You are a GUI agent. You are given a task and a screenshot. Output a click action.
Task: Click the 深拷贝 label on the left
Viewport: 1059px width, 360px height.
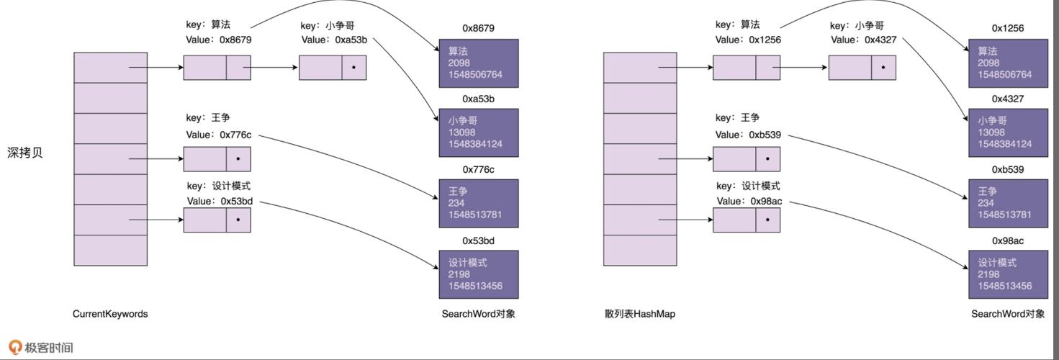tap(25, 153)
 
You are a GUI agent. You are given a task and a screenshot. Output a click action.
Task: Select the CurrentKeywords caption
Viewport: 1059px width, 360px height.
tap(110, 314)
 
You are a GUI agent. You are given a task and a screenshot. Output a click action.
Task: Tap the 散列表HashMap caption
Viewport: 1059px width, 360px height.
tap(640, 314)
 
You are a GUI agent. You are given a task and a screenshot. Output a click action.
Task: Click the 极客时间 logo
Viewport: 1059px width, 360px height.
tap(41, 348)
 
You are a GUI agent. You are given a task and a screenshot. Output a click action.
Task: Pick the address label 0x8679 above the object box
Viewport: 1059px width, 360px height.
tap(478, 28)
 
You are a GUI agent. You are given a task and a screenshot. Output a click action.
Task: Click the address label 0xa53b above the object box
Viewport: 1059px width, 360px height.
tap(478, 99)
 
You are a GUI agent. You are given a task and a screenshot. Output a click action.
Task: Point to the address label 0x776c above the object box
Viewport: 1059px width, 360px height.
tap(478, 169)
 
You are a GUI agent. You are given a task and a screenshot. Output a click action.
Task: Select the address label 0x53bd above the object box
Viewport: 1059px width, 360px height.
tap(478, 240)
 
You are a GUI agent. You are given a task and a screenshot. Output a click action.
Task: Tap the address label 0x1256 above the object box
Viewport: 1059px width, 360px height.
tap(1008, 28)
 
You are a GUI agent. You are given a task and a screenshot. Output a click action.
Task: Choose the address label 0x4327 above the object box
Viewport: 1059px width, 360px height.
tap(1008, 99)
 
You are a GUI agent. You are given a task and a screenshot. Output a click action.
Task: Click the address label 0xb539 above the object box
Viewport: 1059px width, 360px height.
tap(1008, 169)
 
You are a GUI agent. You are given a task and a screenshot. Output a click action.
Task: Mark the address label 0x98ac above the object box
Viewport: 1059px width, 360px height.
tap(1008, 240)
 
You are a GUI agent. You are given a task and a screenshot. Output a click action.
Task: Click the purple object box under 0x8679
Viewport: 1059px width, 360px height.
tap(479, 63)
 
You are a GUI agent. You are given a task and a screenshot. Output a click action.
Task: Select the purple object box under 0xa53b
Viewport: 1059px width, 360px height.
tap(479, 132)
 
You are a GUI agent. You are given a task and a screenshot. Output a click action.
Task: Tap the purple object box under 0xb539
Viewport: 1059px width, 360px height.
tap(1008, 203)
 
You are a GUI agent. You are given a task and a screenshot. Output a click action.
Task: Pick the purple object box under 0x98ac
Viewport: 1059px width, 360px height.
tap(1008, 274)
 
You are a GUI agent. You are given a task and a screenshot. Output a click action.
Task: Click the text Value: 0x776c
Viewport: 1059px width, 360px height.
tap(219, 135)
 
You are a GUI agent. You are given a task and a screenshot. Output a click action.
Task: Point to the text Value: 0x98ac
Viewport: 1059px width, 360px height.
tap(749, 201)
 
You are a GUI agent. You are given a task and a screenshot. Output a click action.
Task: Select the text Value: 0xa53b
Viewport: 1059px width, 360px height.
tap(334, 40)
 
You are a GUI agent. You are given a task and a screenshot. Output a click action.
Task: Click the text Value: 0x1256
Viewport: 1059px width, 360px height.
tap(748, 40)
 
